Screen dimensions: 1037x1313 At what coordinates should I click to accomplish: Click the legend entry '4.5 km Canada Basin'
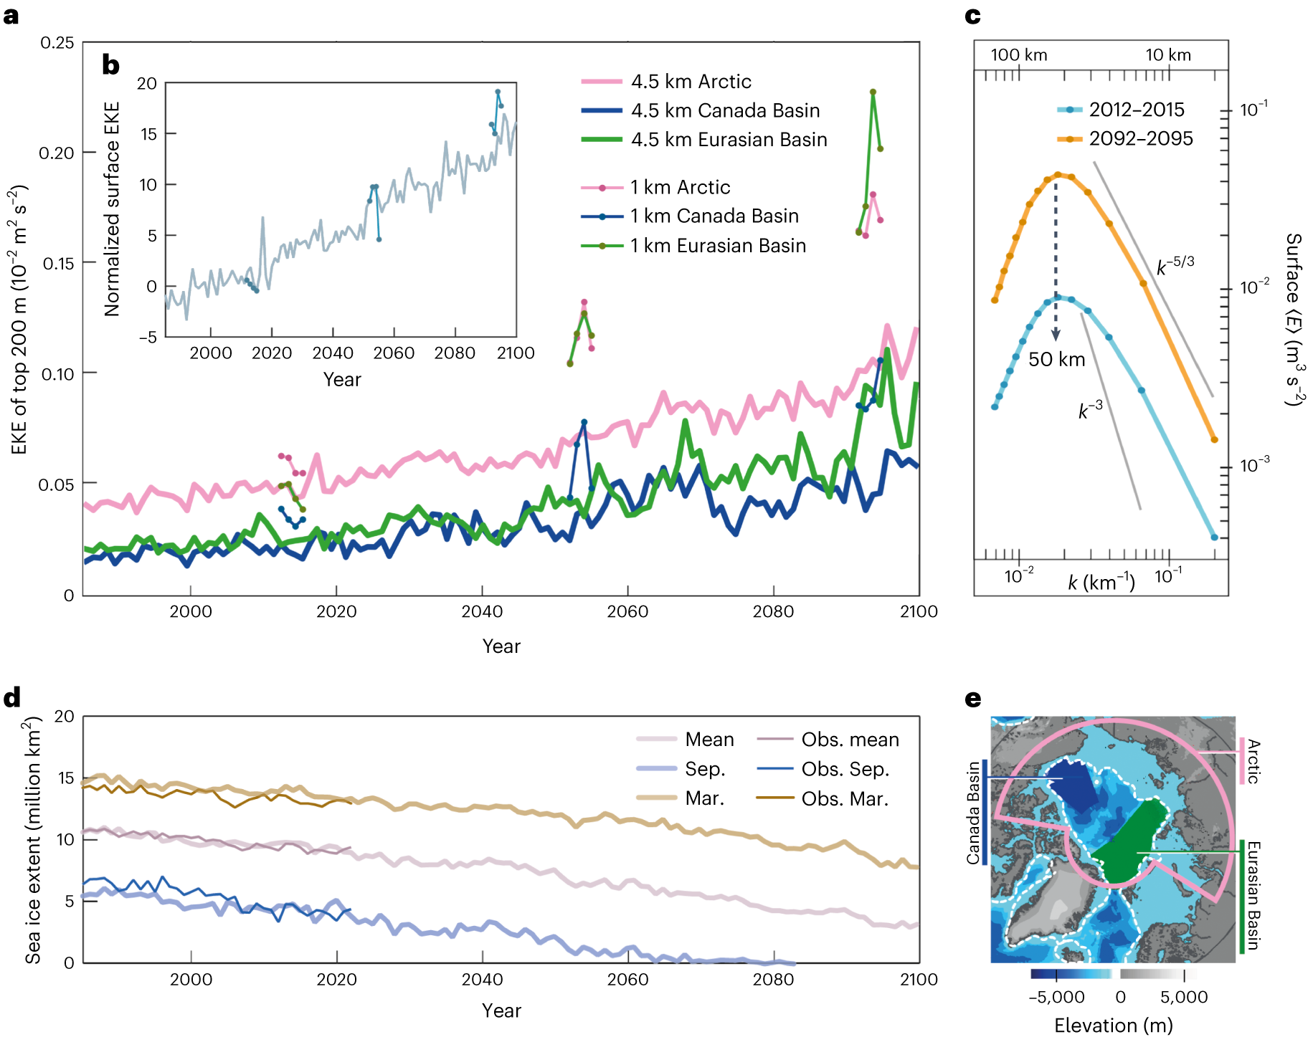coord(724,110)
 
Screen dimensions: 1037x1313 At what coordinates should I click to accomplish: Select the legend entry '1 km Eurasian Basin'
coord(717,246)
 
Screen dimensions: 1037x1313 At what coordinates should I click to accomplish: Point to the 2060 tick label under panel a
coord(627,611)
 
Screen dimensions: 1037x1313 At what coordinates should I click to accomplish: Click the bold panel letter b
coord(110,65)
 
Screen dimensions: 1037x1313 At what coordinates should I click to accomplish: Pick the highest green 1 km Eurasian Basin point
coord(873,92)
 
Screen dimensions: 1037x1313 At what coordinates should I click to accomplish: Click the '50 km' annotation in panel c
coord(1056,359)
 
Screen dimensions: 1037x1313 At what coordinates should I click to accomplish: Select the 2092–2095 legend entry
coord(1140,138)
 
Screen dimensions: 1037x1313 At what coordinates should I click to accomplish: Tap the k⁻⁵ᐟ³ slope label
coord(1175,265)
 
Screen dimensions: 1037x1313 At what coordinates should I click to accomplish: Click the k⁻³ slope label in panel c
coord(1090,410)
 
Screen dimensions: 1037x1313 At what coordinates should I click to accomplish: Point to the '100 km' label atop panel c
coord(1018,55)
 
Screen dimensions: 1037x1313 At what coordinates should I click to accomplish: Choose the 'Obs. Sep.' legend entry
coord(845,769)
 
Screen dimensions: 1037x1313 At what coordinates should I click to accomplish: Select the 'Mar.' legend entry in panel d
coord(704,798)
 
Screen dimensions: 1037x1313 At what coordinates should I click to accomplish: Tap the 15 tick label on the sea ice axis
coord(65,778)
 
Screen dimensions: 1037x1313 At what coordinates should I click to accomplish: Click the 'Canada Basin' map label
coord(973,813)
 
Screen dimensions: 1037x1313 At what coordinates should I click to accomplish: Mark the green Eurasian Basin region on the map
coord(1129,846)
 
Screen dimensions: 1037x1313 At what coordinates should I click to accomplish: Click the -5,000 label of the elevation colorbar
coord(1056,997)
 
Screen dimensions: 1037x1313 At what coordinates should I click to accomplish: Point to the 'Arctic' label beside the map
coord(1253,761)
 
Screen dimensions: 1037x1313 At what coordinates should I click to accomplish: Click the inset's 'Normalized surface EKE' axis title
coord(112,209)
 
